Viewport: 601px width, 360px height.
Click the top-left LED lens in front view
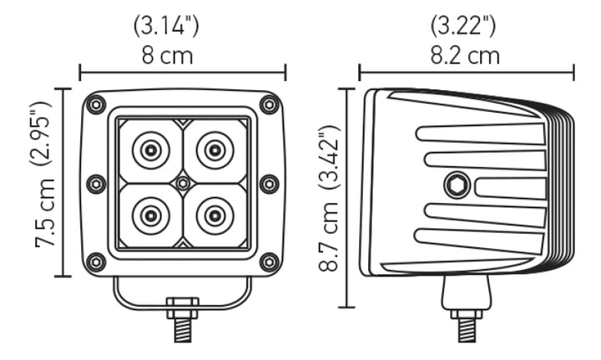point(150,150)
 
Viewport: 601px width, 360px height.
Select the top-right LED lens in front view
point(215,150)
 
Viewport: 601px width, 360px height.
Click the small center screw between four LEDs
point(182,183)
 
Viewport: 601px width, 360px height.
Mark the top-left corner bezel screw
point(97,105)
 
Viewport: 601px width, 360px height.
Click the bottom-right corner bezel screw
point(269,261)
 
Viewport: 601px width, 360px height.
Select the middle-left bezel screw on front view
point(96,184)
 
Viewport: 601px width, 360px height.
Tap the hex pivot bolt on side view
point(456,184)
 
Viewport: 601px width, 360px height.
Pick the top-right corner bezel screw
point(269,105)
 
